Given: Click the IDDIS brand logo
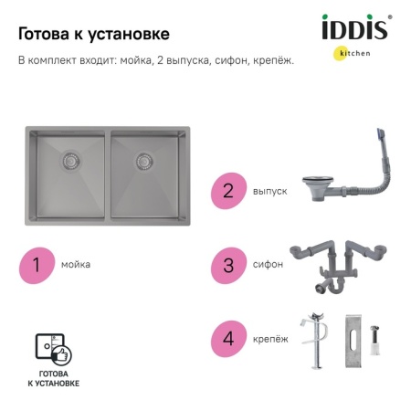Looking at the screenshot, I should pos(355,29).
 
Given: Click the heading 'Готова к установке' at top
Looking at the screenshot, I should pos(93,34).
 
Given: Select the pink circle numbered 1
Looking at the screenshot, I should pos(37,265).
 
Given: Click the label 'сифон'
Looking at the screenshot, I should pos(268,265).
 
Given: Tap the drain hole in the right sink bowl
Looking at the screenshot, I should pos(143,161).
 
